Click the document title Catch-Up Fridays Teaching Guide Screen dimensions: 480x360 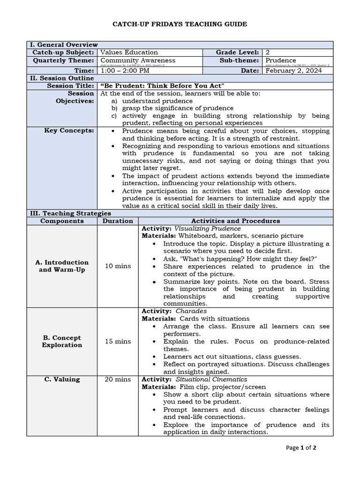pos(180,24)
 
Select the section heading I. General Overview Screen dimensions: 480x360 pos(64,44)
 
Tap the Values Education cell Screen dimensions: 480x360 pos(129,52)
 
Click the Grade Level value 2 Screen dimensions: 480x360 pos(267,52)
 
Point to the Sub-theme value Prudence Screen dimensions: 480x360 pos(280,60)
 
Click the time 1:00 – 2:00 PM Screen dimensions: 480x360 pos(125,70)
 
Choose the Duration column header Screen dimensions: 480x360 pos(118,221)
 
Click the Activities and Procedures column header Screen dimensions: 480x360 pos(236,221)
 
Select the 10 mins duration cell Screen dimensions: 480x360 pos(118,266)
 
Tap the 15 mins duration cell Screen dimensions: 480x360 pos(118,341)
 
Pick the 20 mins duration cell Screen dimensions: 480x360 pos(118,379)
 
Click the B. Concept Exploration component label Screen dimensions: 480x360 pos(62,341)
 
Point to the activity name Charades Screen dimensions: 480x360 pos(191,311)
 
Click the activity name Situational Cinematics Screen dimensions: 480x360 pos(211,379)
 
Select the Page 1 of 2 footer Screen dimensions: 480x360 pos(301,448)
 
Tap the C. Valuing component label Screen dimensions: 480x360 pos(62,379)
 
